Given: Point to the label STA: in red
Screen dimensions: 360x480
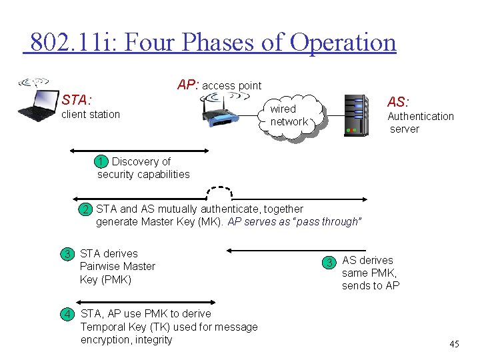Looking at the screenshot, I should [76, 100].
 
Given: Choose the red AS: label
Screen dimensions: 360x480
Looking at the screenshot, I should [399, 101].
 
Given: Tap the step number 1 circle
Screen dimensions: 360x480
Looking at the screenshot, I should [101, 161].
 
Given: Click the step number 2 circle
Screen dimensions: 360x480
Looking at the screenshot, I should [86, 209].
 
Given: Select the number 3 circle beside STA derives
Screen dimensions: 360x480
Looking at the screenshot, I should [67, 254].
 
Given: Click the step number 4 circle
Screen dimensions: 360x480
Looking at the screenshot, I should [67, 314].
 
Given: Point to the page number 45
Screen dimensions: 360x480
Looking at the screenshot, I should [454, 344].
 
